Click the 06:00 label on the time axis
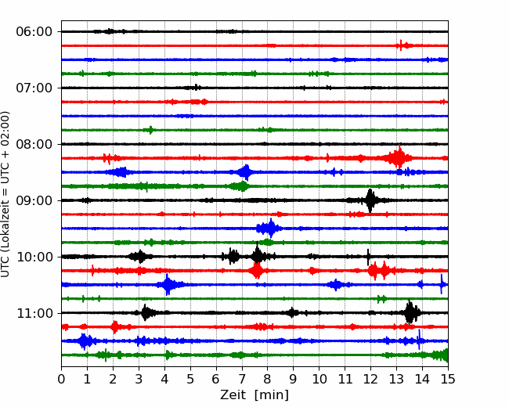(34, 31)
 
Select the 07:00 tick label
(34, 88)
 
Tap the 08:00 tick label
(34, 144)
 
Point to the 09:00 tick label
(34, 200)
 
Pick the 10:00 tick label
(34, 257)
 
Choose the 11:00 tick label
(34, 313)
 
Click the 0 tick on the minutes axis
(62, 380)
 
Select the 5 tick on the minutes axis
(190, 380)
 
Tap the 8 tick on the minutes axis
(268, 380)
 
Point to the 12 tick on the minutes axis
(370, 380)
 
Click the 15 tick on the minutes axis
(447, 380)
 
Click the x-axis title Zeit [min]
(254, 395)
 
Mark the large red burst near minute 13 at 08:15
(399, 158)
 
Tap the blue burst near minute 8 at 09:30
(269, 229)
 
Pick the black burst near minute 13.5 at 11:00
(410, 313)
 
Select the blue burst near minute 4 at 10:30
(167, 285)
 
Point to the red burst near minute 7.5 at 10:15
(256, 271)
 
